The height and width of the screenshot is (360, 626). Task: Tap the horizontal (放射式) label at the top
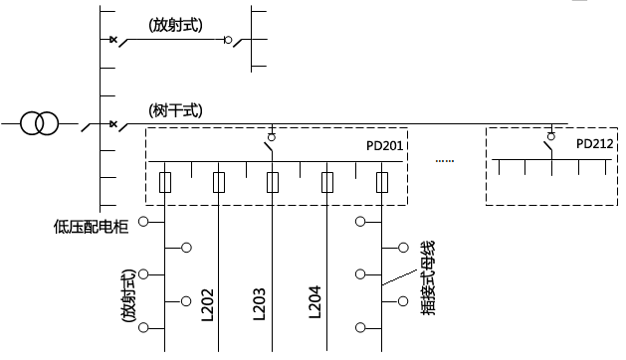[x=175, y=26]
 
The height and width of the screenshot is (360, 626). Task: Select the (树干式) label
[x=175, y=109]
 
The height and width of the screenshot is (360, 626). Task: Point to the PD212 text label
[x=595, y=144]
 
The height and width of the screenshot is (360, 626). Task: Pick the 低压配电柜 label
[x=92, y=226]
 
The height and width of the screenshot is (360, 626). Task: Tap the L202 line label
[x=208, y=304]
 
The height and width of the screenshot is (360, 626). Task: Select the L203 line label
[x=259, y=304]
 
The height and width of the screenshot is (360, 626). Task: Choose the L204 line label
[x=314, y=304]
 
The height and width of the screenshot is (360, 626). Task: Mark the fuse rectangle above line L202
[x=219, y=182]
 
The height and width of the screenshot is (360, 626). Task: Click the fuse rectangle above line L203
[x=273, y=182]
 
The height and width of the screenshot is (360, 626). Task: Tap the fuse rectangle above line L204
[x=326, y=182]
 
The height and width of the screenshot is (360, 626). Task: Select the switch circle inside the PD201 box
[x=272, y=136]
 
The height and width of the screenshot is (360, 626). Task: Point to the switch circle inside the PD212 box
[x=550, y=136]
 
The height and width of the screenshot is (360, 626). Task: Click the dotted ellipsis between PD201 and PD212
[x=445, y=160]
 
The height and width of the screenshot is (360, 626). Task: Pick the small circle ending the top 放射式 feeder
[x=228, y=41]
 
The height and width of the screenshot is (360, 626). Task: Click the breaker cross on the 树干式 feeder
[x=112, y=124]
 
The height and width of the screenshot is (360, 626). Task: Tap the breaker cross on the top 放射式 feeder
[x=112, y=40]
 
